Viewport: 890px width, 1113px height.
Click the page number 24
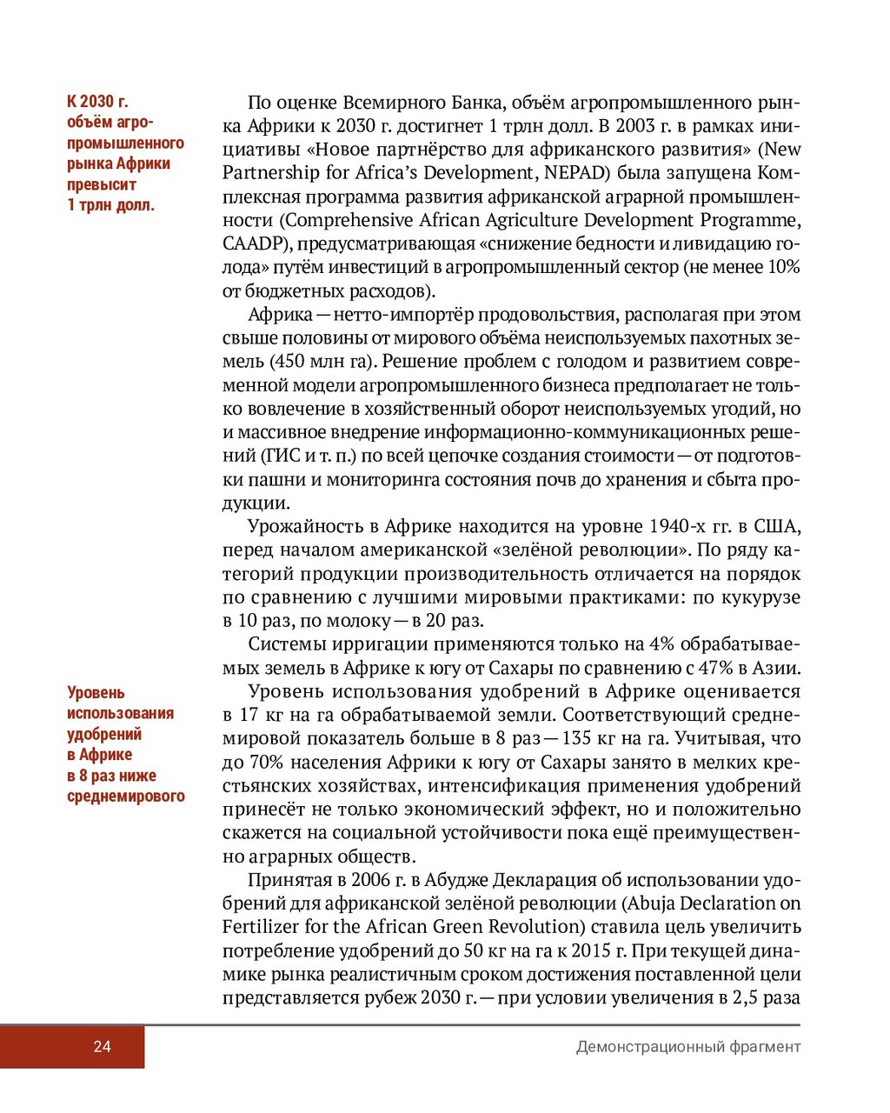click(103, 1047)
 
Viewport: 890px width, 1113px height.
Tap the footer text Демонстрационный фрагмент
click(687, 1047)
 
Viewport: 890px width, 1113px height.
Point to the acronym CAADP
click(252, 243)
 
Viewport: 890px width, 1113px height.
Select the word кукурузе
click(762, 597)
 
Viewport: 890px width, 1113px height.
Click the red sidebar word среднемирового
click(126, 796)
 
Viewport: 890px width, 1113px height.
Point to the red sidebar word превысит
click(102, 184)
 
